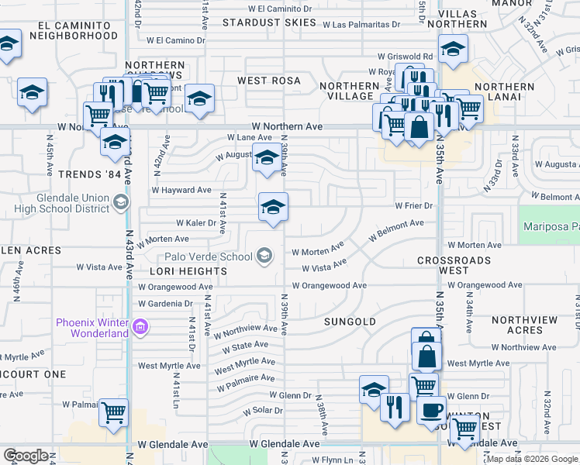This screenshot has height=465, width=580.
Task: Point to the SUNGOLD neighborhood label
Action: (x=350, y=321)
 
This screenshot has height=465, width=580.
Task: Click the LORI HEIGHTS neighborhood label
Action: (x=178, y=271)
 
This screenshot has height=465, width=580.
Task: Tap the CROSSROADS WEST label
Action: (x=454, y=265)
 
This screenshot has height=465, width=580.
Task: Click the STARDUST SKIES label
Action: (x=269, y=22)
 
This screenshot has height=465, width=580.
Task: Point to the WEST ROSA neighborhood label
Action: (x=268, y=81)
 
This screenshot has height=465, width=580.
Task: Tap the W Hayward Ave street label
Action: (x=181, y=190)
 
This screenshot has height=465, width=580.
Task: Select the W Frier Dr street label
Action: (x=413, y=206)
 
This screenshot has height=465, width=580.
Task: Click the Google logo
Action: (x=26, y=455)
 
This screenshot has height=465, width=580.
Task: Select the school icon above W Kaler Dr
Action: (x=273, y=207)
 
